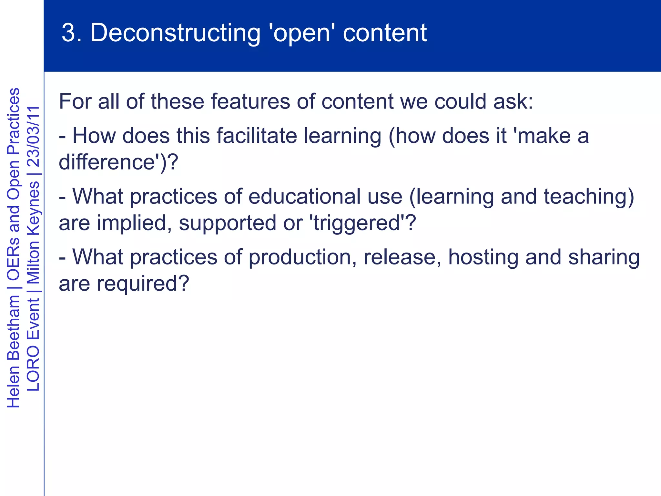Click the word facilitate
[257, 136]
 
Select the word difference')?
[118, 162]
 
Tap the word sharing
[604, 257]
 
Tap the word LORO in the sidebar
[33, 368]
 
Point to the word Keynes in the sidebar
[33, 207]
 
